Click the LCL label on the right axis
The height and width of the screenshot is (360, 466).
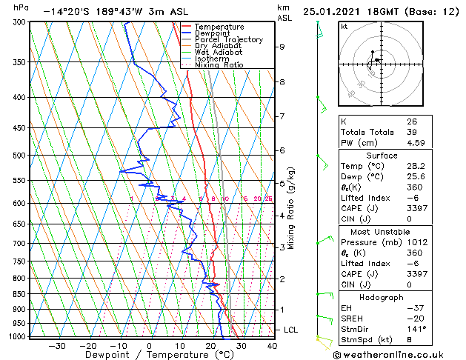pyautogui.click(x=292, y=329)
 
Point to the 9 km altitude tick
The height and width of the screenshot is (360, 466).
pyautogui.click(x=282, y=47)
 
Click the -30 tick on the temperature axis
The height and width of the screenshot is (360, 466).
pyautogui.click(x=58, y=345)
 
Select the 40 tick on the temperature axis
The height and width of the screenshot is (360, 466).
pyautogui.click(x=272, y=345)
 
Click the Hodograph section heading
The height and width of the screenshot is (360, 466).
pyautogui.click(x=382, y=297)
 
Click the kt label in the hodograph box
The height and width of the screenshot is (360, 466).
pyautogui.click(x=344, y=26)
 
